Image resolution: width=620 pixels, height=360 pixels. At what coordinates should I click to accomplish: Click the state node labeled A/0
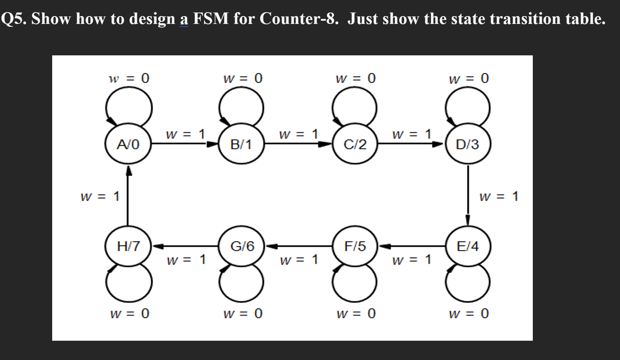coord(128,144)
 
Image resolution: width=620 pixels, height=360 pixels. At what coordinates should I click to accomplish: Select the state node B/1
coord(241,144)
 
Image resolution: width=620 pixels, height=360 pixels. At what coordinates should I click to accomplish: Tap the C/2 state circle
coord(355,144)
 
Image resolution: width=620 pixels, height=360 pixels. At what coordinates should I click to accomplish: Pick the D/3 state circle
coord(468,144)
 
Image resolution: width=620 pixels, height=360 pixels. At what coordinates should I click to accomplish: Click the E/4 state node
coord(468,246)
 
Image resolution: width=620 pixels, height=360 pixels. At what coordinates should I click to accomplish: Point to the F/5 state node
coord(355,246)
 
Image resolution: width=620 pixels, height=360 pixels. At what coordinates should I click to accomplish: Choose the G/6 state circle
coord(242,246)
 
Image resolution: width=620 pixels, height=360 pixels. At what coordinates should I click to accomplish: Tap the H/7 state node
coord(128,246)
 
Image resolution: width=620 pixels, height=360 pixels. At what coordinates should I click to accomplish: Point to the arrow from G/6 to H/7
coord(185,246)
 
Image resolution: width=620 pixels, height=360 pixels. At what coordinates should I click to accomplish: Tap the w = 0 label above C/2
coord(356,78)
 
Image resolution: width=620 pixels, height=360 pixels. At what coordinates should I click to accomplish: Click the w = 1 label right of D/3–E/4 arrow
coord(499,196)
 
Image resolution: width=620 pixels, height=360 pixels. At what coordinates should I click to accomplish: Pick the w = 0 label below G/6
coord(243,314)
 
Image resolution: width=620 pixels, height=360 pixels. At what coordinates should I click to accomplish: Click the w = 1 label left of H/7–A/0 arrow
coord(100,196)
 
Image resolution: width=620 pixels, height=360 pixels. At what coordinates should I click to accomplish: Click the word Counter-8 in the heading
coord(299,19)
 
